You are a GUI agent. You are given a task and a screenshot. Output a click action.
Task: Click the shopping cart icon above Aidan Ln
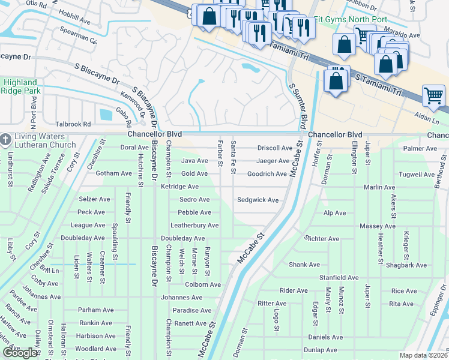click(x=433, y=95)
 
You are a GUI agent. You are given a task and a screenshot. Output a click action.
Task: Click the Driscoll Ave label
click(x=274, y=148)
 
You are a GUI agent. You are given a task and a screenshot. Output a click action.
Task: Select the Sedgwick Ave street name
click(x=258, y=200)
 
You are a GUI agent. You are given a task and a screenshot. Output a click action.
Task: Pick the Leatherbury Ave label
click(x=194, y=226)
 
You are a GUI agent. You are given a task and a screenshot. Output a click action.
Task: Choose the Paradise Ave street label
click(x=191, y=310)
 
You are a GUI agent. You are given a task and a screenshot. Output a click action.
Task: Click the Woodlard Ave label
click(x=95, y=349)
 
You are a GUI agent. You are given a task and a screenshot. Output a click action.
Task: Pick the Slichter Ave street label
click(x=322, y=239)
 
